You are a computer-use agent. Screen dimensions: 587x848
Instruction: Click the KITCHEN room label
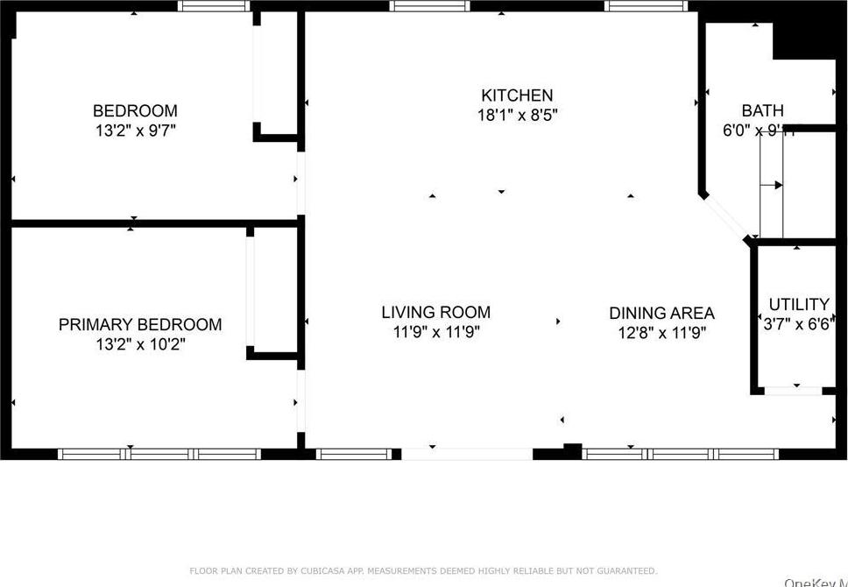coord(517,95)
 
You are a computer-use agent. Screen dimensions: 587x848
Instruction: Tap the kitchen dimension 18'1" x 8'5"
coord(517,115)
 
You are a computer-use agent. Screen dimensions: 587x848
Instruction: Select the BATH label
coord(762,111)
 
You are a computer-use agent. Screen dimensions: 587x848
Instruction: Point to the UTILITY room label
coord(798,305)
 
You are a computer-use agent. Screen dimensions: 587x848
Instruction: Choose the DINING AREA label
coord(661,313)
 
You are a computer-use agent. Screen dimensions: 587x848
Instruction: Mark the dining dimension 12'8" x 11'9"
coord(661,333)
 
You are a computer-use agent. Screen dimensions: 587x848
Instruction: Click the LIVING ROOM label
coord(435,312)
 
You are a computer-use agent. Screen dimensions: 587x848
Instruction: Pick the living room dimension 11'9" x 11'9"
coord(435,332)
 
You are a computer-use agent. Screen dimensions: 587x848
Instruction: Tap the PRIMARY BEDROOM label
coord(140,325)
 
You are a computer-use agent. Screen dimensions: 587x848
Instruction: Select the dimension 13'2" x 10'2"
coord(140,344)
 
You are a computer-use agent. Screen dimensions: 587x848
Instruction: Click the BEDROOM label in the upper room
coord(135,111)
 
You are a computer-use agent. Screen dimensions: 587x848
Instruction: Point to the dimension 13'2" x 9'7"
coord(135,131)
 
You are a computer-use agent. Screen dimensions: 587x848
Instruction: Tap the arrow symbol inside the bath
coord(773,185)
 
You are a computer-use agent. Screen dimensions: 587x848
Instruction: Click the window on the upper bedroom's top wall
coord(214,6)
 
